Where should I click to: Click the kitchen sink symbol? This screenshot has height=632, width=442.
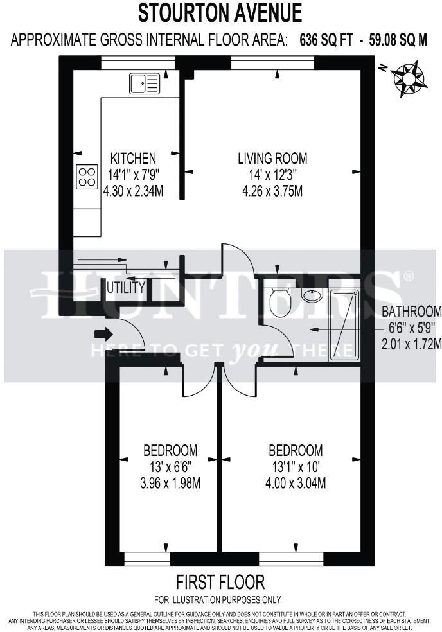point(144,83)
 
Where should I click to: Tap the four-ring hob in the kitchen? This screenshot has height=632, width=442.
point(87,177)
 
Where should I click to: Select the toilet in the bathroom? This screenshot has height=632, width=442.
point(280,302)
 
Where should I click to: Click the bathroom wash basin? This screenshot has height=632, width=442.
point(312,296)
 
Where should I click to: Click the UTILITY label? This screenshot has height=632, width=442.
point(126,288)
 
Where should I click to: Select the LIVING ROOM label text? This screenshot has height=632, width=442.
point(272,158)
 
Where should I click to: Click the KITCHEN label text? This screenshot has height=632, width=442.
point(133,158)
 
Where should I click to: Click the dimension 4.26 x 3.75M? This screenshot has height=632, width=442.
point(272,191)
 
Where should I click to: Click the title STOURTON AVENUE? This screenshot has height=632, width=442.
point(220,13)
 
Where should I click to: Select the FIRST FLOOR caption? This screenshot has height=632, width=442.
point(220,583)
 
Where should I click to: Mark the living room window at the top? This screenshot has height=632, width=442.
point(272,62)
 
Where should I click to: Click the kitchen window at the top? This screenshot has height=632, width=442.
point(138,62)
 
